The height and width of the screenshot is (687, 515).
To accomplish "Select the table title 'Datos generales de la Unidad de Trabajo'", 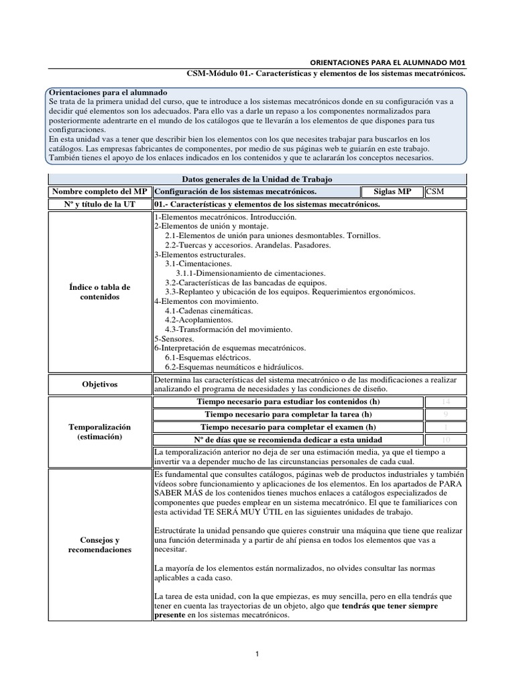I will (x=257, y=179).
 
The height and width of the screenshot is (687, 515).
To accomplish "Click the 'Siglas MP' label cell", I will (x=392, y=192).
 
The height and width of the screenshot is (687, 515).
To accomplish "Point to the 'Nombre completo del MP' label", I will (x=101, y=192).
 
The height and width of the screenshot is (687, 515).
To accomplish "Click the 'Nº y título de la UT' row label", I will (x=101, y=205).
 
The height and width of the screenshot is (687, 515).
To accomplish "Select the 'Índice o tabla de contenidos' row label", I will (x=101, y=292).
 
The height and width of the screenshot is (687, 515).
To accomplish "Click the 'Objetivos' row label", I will (x=101, y=384).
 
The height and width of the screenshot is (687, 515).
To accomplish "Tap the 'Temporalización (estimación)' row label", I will (x=101, y=431).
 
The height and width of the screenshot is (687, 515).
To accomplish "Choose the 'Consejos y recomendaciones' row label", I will (x=101, y=545).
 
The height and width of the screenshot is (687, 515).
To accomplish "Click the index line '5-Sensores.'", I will (x=174, y=339).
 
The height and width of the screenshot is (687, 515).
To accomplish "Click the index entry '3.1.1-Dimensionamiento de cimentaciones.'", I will (x=251, y=274).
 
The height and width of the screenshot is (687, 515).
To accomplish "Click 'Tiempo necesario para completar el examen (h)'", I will (x=288, y=427).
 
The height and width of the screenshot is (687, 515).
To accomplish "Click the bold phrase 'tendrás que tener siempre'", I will (x=390, y=605).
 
